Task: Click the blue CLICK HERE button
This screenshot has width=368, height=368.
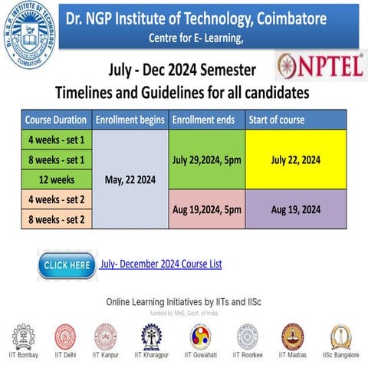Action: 67,264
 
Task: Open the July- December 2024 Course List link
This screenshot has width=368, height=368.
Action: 161,264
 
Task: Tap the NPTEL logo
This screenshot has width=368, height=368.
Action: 320,65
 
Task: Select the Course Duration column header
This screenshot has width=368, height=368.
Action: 56,120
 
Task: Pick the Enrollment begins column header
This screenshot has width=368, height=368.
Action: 130,120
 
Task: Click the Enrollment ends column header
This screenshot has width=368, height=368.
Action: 206,120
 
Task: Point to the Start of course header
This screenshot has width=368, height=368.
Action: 295,120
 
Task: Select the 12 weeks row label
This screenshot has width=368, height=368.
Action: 56,180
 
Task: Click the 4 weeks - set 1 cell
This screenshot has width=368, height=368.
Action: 56,140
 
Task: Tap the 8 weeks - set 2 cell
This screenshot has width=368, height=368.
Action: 56,219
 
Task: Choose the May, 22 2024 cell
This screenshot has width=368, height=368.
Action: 130,180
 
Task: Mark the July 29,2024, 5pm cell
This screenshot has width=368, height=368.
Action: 206,160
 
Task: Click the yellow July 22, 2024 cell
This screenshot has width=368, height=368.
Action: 295,160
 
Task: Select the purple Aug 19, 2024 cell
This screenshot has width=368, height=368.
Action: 295,209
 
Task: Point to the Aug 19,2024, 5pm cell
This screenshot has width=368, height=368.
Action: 206,209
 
